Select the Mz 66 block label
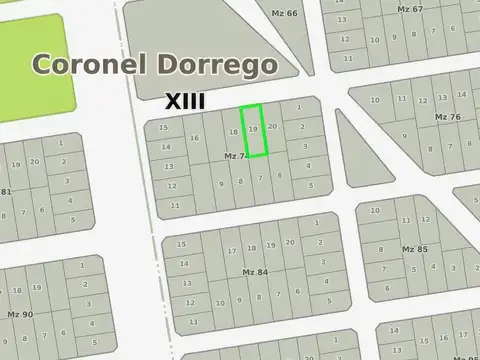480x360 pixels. [285, 13]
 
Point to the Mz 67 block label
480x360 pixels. [410, 9]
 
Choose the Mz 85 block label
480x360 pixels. [414, 248]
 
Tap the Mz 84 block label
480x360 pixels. [255, 272]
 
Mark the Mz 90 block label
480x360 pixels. [20, 315]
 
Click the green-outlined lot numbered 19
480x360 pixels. [253, 130]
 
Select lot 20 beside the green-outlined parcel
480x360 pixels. [272, 127]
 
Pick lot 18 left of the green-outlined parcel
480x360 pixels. [234, 132]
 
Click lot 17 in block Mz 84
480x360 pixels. [232, 251]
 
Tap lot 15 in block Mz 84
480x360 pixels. [181, 254]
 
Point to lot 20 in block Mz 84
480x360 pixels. [290, 243]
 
